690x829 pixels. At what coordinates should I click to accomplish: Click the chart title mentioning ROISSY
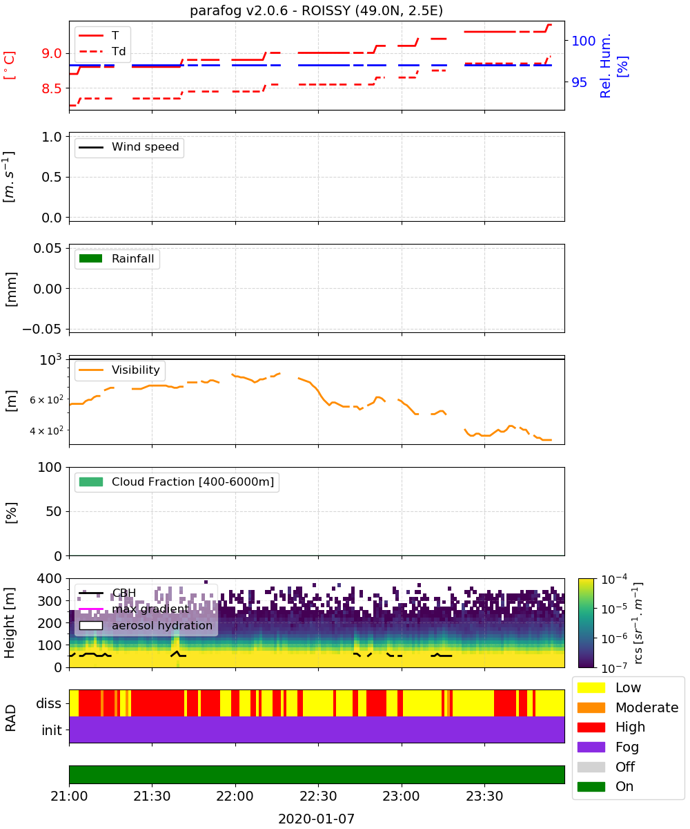click(x=316, y=10)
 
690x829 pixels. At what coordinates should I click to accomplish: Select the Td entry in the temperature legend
click(x=102, y=51)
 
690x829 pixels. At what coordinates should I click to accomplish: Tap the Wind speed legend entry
click(x=129, y=147)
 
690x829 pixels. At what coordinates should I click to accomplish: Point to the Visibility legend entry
click(x=119, y=370)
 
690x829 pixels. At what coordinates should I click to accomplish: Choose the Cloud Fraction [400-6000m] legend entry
click(x=177, y=482)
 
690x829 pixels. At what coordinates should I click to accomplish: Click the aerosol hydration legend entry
click(x=146, y=625)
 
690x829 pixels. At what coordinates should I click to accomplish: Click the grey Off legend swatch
click(x=591, y=767)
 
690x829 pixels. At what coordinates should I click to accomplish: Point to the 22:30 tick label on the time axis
click(x=318, y=796)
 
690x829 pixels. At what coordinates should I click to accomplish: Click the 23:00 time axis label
click(x=401, y=796)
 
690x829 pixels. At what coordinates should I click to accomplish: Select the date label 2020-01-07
click(x=316, y=819)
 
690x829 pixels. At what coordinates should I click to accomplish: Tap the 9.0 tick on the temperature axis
click(x=52, y=53)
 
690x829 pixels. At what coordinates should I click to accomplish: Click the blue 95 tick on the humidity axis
click(x=579, y=82)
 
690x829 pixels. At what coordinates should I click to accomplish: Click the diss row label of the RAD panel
click(x=48, y=703)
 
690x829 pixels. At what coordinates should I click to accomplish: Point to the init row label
click(x=52, y=730)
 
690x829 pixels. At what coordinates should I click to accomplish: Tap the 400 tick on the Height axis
click(x=49, y=578)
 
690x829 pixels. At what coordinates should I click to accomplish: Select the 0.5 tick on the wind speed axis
click(x=52, y=177)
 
